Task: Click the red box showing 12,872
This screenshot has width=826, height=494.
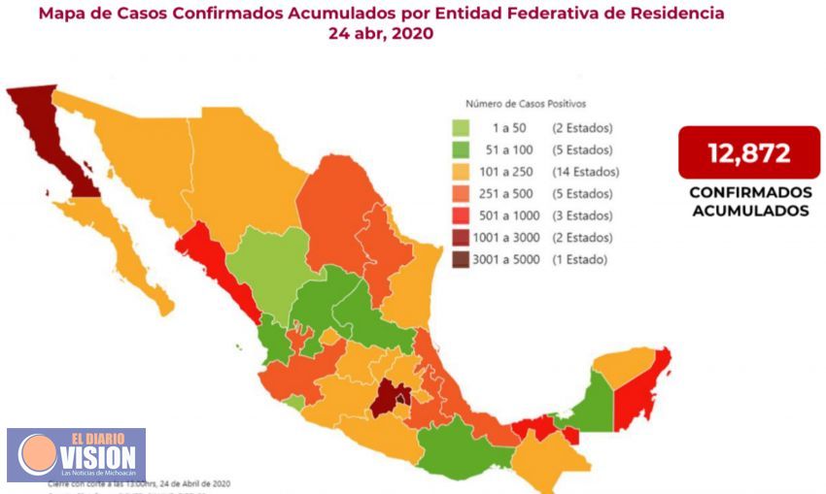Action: (748, 152)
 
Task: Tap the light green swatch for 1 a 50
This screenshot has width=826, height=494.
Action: (462, 128)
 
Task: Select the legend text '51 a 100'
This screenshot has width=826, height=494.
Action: (507, 150)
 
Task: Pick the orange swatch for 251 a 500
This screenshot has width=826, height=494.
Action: (462, 194)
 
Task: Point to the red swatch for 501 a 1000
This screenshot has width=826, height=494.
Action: (462, 215)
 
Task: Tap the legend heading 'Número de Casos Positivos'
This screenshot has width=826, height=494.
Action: (525, 104)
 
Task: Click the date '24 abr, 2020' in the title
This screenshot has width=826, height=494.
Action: (381, 33)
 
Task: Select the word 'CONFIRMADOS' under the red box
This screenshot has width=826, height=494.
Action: (748, 192)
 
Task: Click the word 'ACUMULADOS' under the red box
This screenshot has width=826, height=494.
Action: (748, 210)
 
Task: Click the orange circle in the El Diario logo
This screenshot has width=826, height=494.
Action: (36, 454)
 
